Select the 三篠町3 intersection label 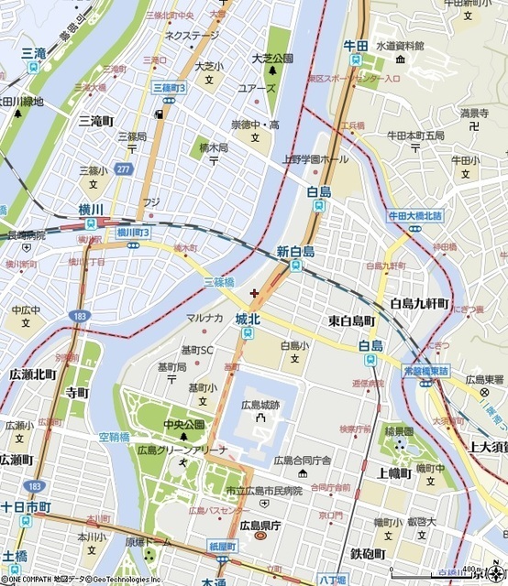[x=169, y=87]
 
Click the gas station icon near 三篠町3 [x=160, y=114]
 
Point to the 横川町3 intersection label [x=133, y=233]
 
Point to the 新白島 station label [x=295, y=251]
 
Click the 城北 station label [x=248, y=319]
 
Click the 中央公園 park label [x=182, y=424]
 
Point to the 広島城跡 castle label [x=262, y=404]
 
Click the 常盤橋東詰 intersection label [x=425, y=371]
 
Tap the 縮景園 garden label [x=399, y=430]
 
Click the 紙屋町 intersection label [x=223, y=546]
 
